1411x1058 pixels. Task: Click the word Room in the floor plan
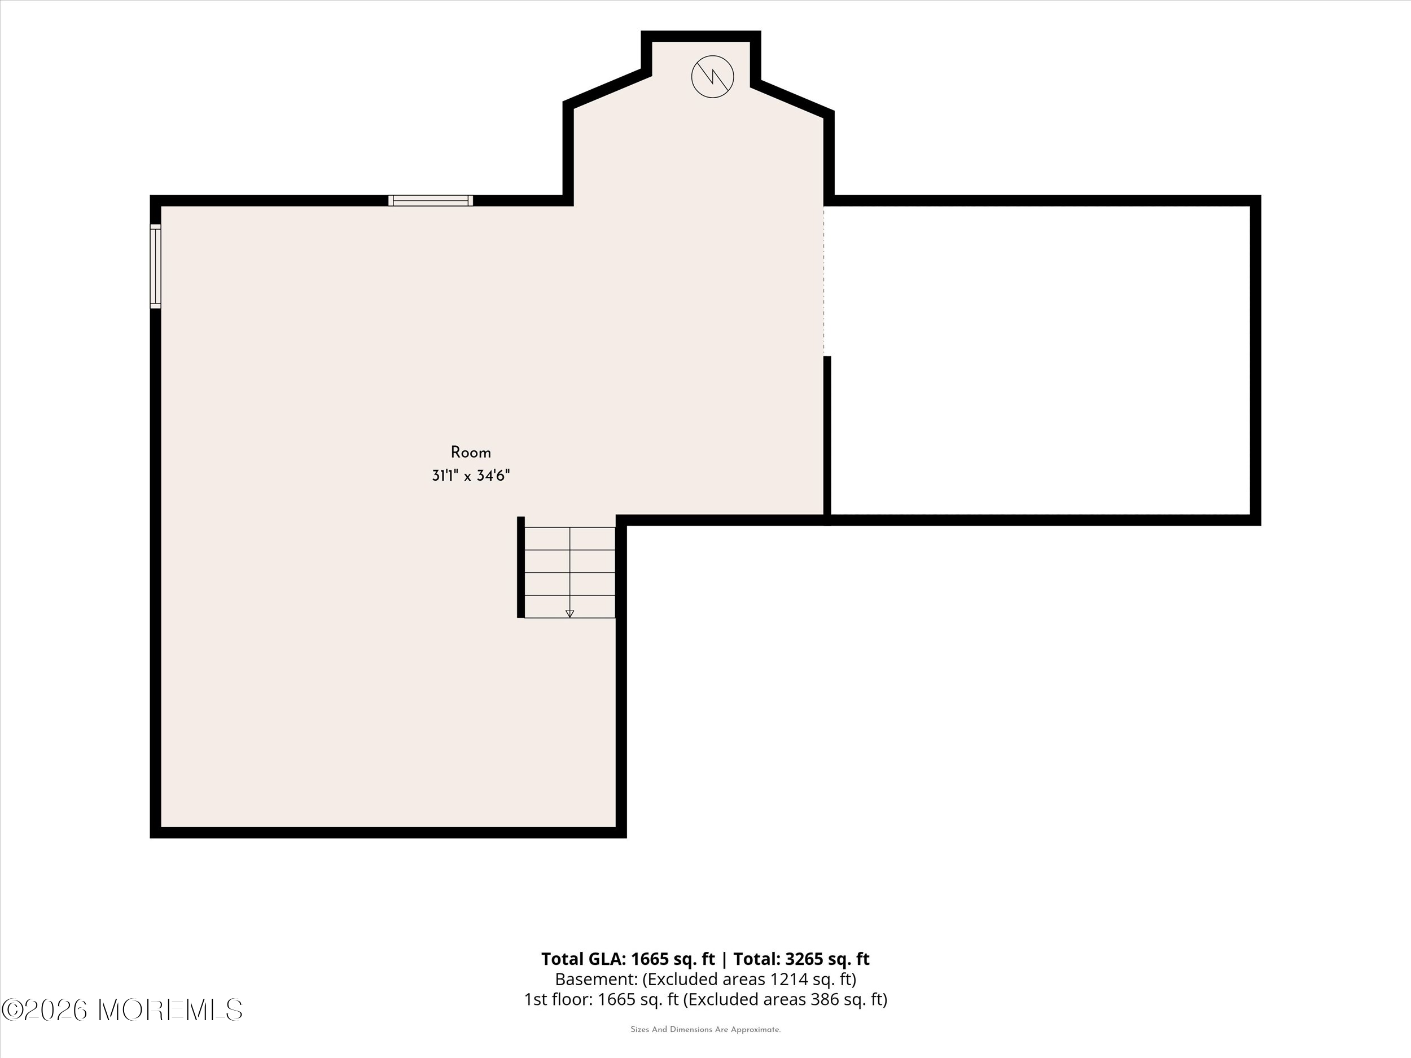[471, 453]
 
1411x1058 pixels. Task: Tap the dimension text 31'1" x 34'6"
[471, 476]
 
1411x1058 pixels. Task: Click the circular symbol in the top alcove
[712, 77]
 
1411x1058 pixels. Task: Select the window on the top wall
[431, 200]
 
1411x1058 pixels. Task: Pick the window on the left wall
[156, 266]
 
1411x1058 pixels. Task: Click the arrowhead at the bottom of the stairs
[569, 613]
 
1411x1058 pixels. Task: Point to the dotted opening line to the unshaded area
[824, 280]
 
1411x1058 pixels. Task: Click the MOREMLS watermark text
[171, 1009]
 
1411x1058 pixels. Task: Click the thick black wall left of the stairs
[520, 567]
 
